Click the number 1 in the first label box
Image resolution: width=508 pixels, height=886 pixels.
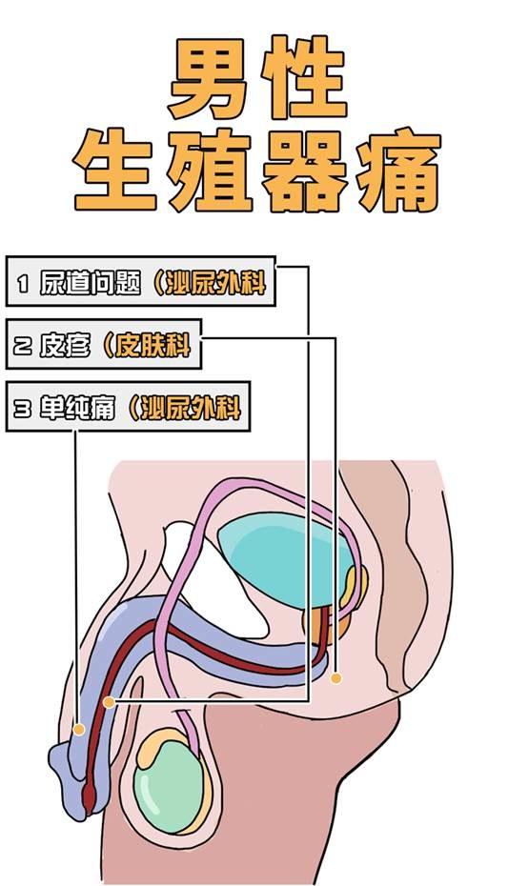click(23, 283)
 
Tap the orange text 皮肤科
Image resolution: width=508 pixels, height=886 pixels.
click(152, 345)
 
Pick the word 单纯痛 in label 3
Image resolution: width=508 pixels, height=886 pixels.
click(77, 408)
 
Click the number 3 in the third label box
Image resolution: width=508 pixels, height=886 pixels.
click(23, 409)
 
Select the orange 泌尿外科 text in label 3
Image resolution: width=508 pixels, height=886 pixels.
click(191, 408)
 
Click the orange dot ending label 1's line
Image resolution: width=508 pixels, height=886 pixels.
click(109, 702)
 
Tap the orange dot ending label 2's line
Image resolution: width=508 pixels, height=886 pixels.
click(336, 678)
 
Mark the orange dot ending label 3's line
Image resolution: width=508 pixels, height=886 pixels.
click(79, 730)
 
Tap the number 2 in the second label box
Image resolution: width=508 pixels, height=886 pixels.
click(23, 346)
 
